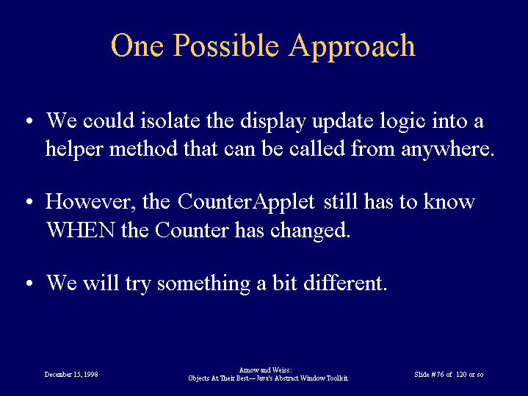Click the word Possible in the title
tap(226, 45)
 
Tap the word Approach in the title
tap(352, 47)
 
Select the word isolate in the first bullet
tap(170, 120)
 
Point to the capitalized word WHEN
tap(81, 231)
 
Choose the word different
tap(345, 282)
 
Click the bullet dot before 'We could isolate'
tap(29, 120)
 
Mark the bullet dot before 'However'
tap(29, 202)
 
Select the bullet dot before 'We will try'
tap(29, 283)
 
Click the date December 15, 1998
tap(71, 375)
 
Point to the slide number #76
tap(437, 375)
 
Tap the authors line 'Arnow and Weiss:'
tap(265, 370)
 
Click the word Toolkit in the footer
tap(337, 378)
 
